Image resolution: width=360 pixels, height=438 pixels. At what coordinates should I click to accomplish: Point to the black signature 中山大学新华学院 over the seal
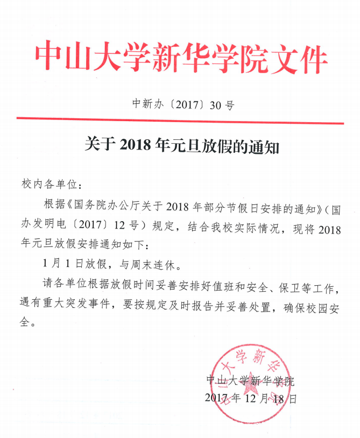(x=251, y=381)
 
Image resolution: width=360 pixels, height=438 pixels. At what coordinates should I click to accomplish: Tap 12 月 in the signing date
(x=256, y=399)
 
